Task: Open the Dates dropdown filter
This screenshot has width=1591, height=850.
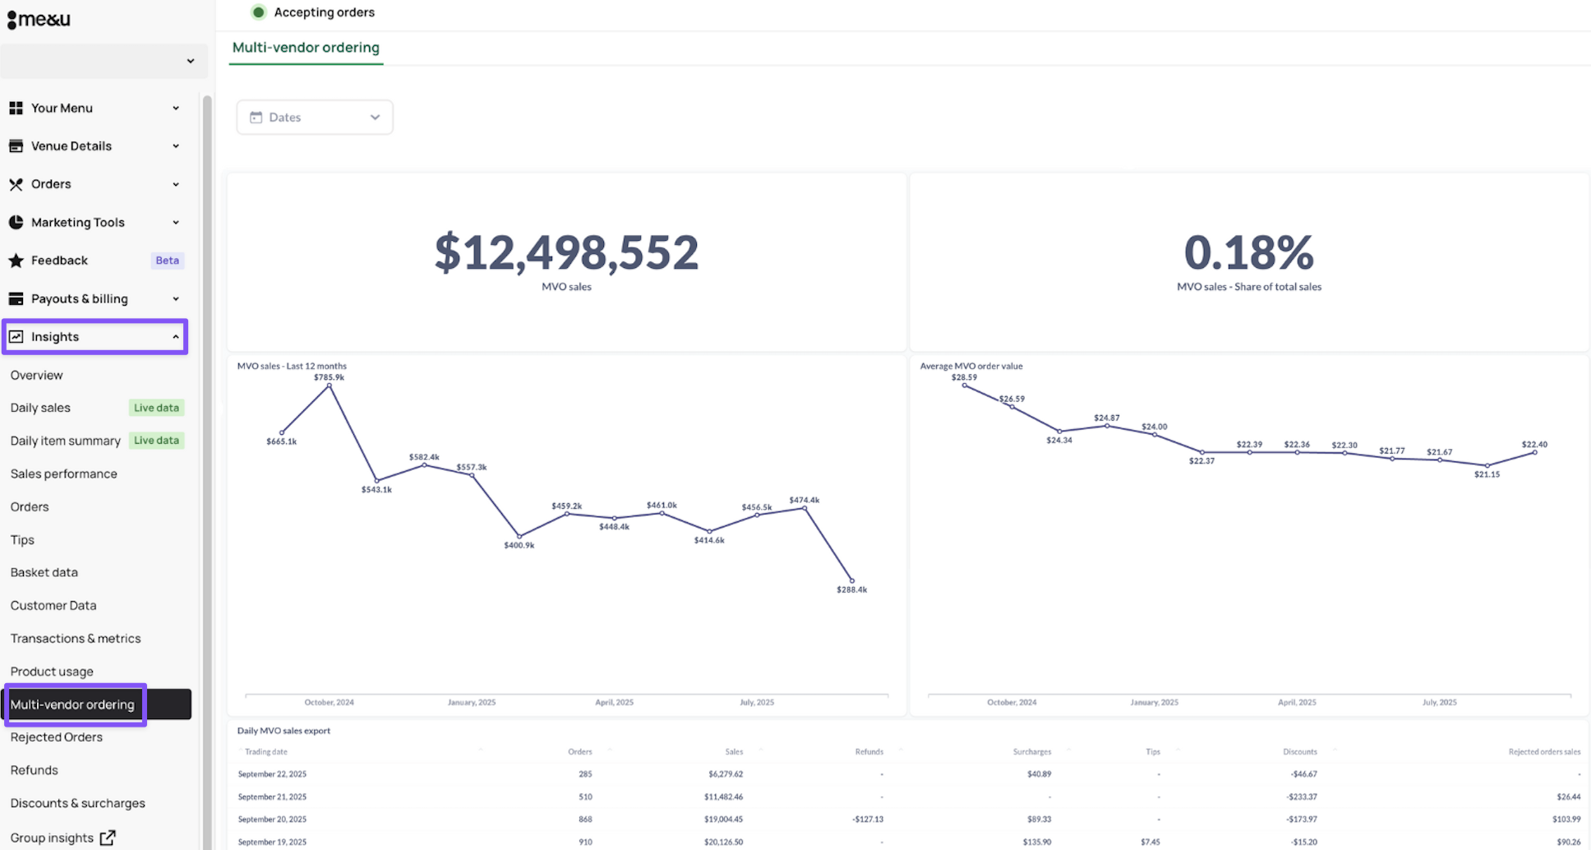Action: tap(314, 118)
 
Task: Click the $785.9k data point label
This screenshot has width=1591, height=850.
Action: tap(329, 377)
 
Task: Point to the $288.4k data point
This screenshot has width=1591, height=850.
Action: tap(851, 580)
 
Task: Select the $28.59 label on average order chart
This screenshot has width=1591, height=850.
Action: tap(964, 377)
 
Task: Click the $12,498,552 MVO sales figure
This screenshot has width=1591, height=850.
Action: tap(566, 252)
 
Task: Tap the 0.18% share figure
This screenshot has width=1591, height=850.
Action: tap(1248, 252)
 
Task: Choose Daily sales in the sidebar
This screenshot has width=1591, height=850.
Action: tap(40, 408)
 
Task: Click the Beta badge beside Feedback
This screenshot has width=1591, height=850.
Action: tap(167, 261)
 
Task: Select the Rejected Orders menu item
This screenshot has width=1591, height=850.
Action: tap(57, 737)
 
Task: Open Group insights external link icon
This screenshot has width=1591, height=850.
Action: tap(108, 838)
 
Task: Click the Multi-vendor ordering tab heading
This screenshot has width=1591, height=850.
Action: tap(306, 48)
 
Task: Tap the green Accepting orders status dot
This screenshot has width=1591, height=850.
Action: tap(259, 12)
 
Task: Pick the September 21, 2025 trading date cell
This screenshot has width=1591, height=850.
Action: tap(272, 797)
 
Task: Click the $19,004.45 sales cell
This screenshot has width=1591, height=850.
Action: tap(723, 819)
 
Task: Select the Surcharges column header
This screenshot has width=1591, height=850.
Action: tap(1031, 751)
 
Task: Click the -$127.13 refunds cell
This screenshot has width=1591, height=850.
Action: tap(868, 819)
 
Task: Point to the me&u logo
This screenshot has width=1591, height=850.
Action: tap(39, 19)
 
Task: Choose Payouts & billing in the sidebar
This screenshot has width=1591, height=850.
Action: tap(80, 299)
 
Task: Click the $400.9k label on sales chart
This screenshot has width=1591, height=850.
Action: tap(519, 545)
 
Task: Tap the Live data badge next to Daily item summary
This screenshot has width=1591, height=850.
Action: tap(156, 441)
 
